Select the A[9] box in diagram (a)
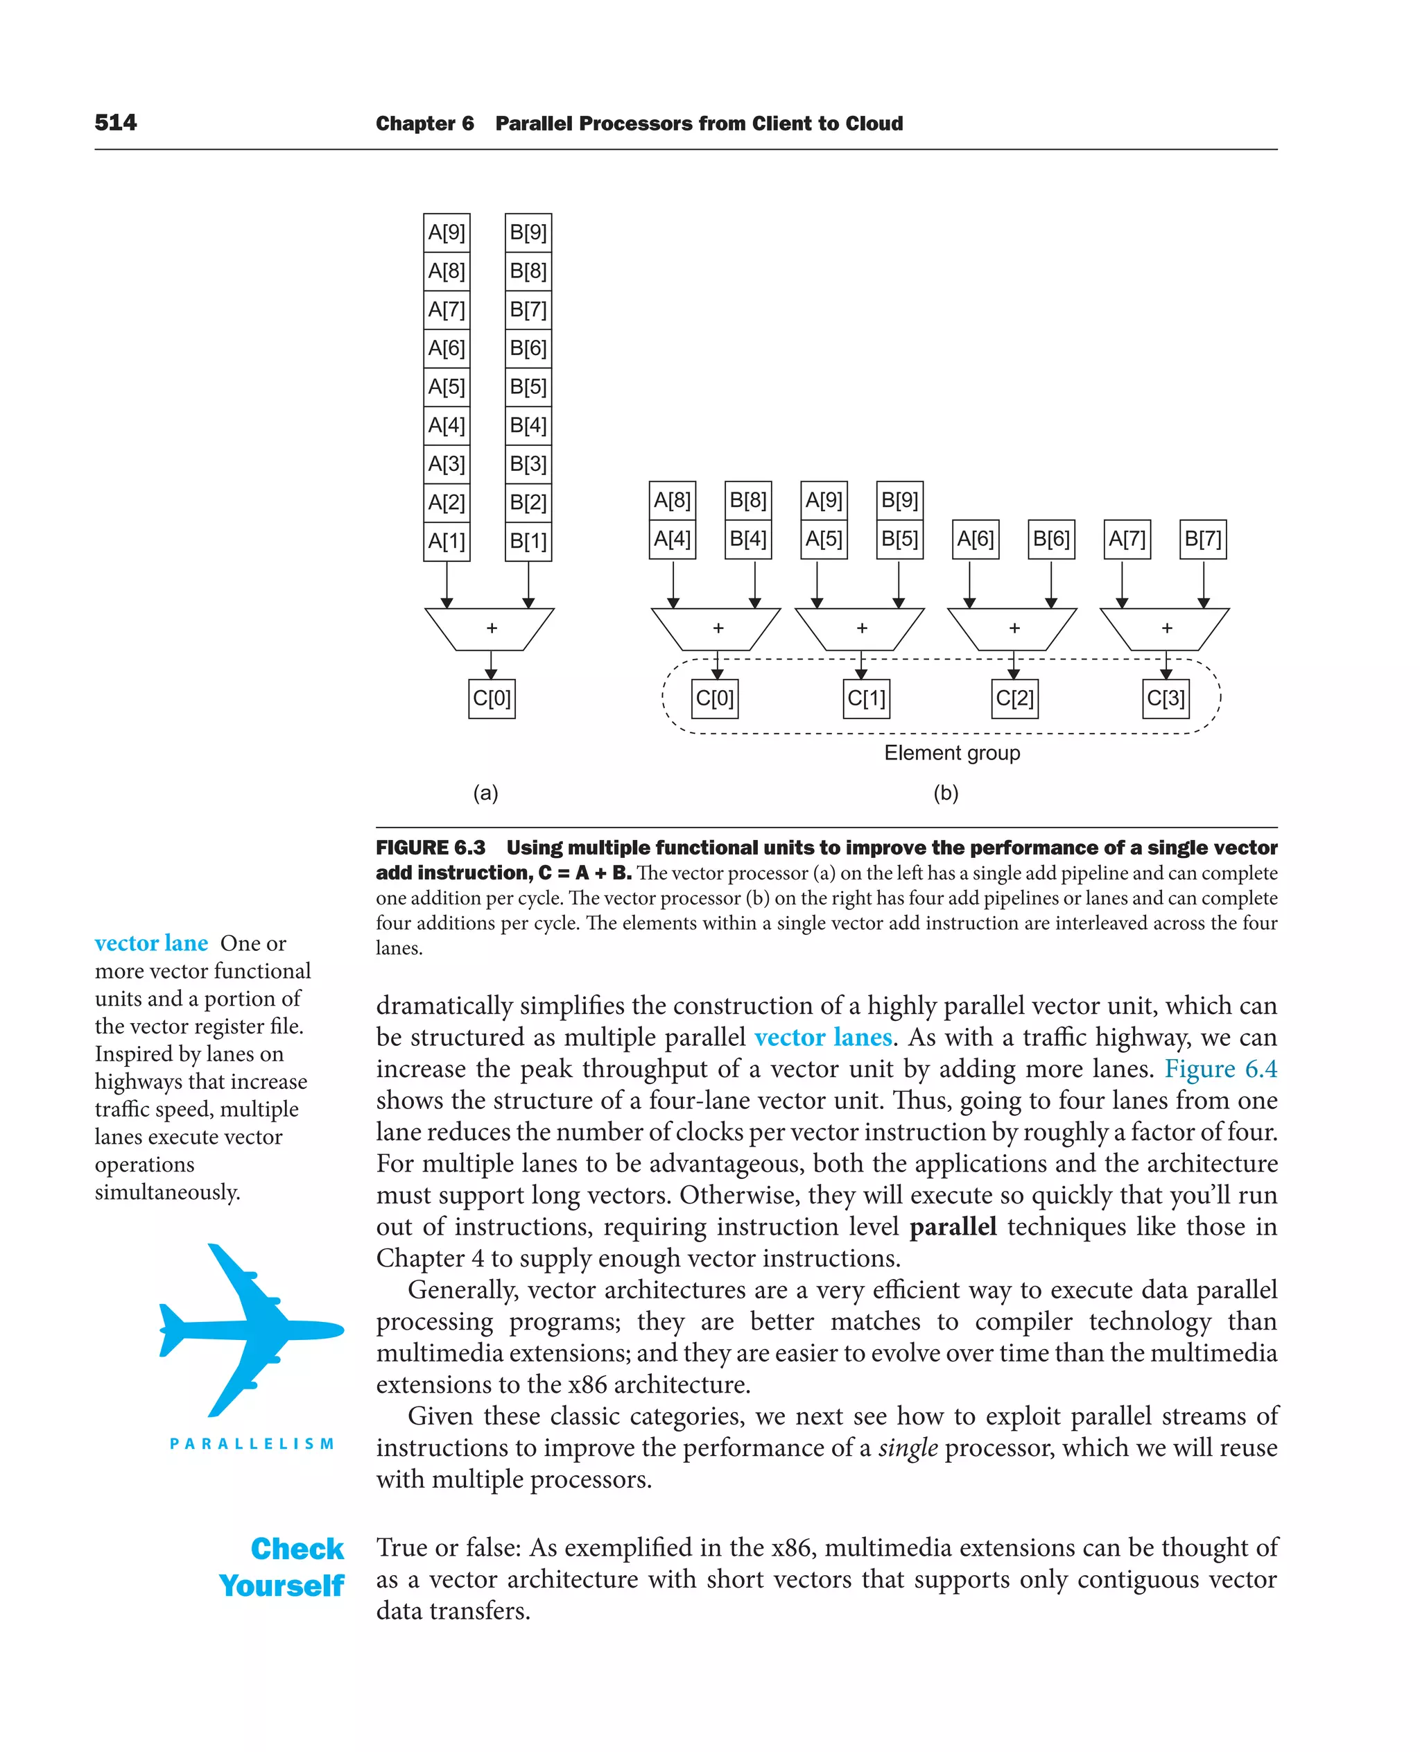[447, 232]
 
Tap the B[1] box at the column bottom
[528, 541]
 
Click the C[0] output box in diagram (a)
[492, 699]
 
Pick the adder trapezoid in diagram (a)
[490, 628]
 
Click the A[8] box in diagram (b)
[673, 500]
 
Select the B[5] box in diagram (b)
[900, 540]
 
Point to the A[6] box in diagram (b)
[976, 540]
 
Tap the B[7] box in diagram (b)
[1203, 540]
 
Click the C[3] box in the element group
[1166, 699]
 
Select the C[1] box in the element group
[866, 699]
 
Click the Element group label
[952, 753]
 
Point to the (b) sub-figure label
[946, 793]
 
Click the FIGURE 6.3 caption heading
[431, 848]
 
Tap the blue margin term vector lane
[151, 943]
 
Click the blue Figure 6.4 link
[1220, 1069]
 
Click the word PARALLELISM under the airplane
[252, 1444]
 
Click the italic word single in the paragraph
[908, 1448]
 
